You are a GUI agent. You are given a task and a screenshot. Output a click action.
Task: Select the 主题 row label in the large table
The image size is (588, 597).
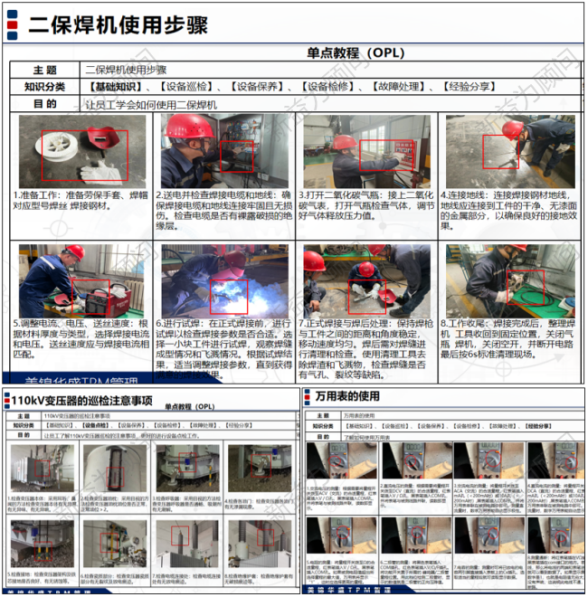pos(44,70)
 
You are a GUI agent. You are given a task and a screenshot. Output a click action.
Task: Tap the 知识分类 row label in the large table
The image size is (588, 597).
pos(44,87)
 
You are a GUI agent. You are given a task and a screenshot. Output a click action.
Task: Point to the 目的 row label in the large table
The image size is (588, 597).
pos(44,104)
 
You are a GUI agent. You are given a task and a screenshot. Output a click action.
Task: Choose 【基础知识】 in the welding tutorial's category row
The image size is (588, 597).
pos(116,87)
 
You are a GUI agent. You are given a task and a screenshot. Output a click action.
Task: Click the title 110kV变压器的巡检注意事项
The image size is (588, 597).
pos(94,400)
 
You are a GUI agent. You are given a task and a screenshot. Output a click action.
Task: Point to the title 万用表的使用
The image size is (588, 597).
pos(348,397)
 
